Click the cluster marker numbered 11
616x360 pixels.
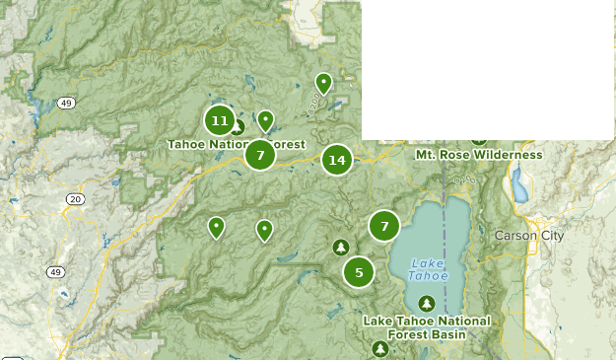[x=220, y=121]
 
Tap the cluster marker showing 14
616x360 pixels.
[x=337, y=159]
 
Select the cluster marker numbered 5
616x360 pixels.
[x=359, y=272]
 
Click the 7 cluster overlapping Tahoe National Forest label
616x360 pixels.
[x=259, y=155]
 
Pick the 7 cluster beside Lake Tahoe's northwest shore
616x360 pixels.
[x=384, y=226]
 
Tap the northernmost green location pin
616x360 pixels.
[x=323, y=84]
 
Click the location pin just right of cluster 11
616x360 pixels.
[x=265, y=121]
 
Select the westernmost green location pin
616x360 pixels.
[x=216, y=228]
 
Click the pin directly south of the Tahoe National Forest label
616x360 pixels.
[x=264, y=231]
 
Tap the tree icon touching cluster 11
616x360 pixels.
[x=238, y=127]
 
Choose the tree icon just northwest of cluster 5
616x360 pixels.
[x=341, y=247]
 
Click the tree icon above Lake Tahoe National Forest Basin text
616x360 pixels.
[x=426, y=303]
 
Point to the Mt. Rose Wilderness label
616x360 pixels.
[x=478, y=155]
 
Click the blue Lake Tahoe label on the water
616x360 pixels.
[x=428, y=269]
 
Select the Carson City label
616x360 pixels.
[x=529, y=236]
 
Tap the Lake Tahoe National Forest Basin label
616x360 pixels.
[x=426, y=327]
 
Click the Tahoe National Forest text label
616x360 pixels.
[x=236, y=144]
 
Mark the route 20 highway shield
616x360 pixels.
[x=76, y=199]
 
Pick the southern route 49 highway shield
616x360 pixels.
[x=56, y=272]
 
